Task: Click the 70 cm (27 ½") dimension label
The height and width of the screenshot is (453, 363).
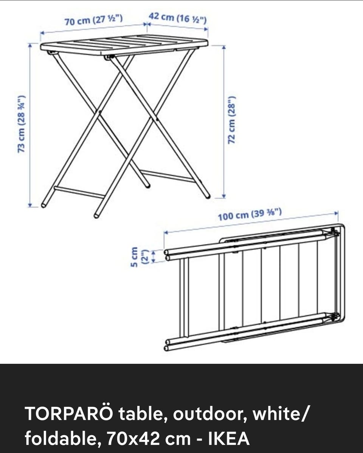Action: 93,20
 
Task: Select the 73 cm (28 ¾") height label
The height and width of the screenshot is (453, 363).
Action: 22,124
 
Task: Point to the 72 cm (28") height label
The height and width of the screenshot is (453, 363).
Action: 232,119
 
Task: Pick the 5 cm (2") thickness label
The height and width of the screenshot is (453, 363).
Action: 139,257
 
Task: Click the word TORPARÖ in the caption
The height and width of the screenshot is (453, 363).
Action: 69,413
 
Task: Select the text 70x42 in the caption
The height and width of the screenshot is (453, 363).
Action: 133,439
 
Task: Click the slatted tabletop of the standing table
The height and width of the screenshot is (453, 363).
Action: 124,45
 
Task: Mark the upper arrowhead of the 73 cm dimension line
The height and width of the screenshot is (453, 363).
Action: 30,45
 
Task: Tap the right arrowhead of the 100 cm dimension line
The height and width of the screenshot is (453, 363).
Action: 337,213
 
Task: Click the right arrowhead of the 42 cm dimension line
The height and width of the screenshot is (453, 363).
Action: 206,29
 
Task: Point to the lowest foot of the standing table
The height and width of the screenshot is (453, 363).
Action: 96,215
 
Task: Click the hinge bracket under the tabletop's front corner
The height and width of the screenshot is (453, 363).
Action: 109,57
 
